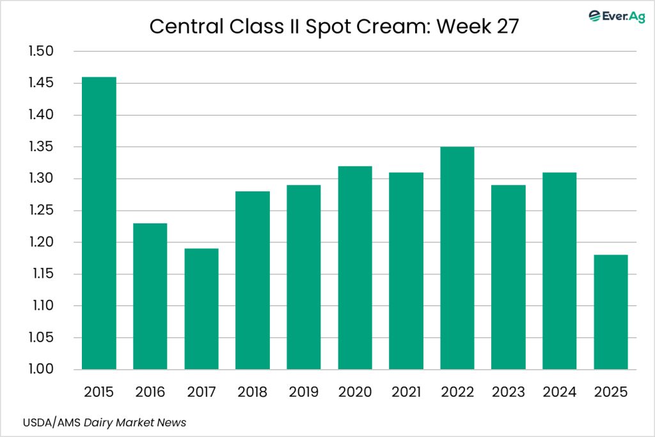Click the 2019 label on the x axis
pyautogui.click(x=304, y=391)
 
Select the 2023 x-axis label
pyautogui.click(x=509, y=391)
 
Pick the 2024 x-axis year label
pyautogui.click(x=560, y=391)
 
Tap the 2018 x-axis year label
pyautogui.click(x=253, y=391)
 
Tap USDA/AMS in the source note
pyautogui.click(x=43, y=423)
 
